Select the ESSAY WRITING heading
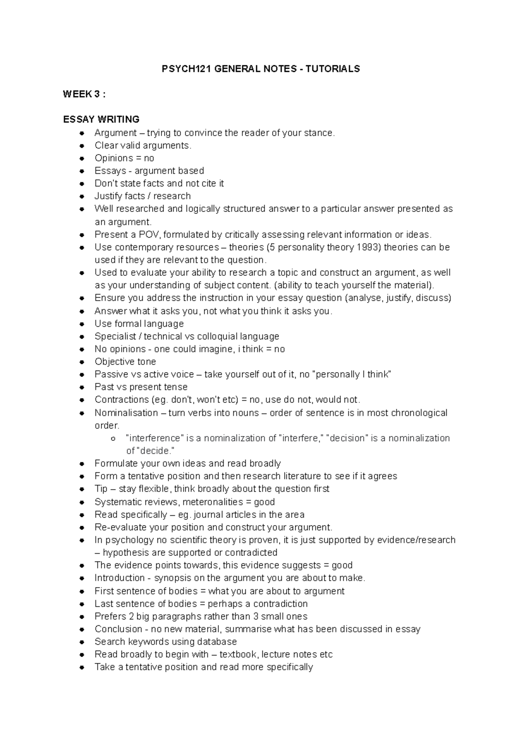pos(101,119)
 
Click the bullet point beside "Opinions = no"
pos(82,158)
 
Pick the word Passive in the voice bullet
pos(111,374)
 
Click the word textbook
pos(237,654)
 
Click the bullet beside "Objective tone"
pos(82,362)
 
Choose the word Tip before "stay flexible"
pos(100,489)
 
